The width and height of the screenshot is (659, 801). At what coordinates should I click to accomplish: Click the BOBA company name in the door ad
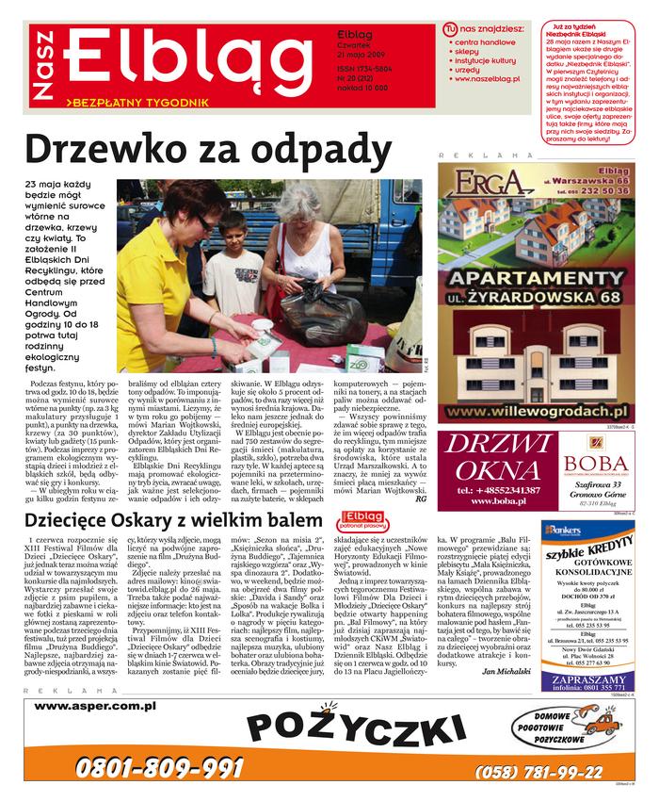coord(595,463)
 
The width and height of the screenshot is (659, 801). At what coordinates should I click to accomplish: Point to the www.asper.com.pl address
coord(94,705)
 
